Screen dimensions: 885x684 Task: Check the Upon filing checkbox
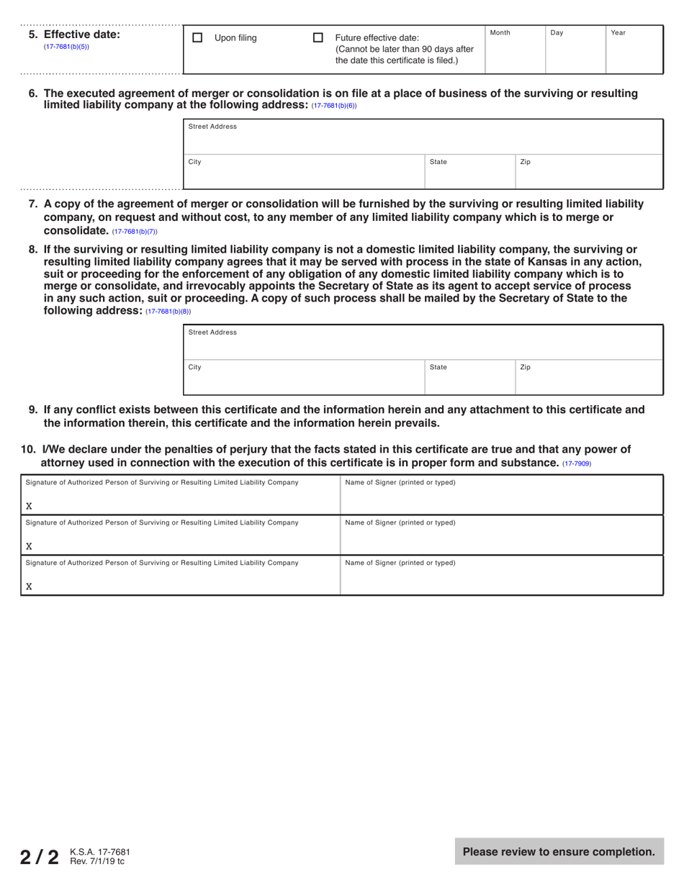coord(197,37)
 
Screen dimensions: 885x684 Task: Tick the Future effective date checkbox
coord(318,37)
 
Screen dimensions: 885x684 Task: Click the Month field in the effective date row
coord(515,54)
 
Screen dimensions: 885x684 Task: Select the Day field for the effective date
coord(575,54)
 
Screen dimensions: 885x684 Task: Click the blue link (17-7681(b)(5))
coord(66,47)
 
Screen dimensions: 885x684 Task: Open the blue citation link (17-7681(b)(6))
coord(333,106)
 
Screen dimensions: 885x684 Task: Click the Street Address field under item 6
coord(423,140)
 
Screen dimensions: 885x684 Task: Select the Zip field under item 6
coord(588,175)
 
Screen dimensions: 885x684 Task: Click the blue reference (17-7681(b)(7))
coord(135,232)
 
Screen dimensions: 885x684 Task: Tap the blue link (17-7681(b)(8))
coord(168,312)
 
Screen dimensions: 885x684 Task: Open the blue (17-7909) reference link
coord(576,463)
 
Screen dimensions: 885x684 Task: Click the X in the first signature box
coord(29,506)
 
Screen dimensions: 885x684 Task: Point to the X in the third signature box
coord(29,586)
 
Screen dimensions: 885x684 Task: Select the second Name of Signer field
coord(500,540)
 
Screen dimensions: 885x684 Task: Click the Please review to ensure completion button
coord(559,852)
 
